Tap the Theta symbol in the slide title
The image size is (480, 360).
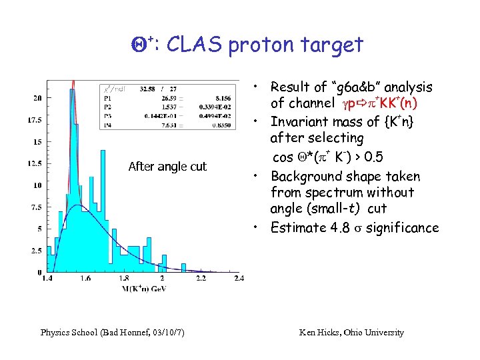click(x=138, y=45)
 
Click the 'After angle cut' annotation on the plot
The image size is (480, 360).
click(x=167, y=166)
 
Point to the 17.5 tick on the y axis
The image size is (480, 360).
click(x=34, y=120)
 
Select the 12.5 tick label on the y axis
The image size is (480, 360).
click(x=34, y=164)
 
